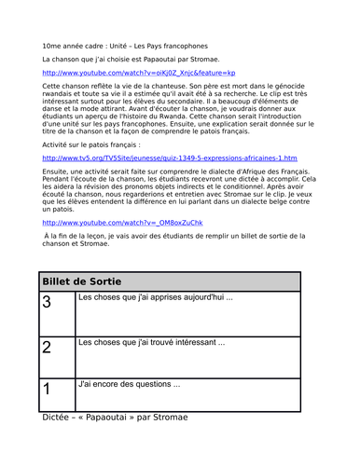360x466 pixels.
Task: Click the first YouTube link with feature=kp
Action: click(x=139, y=73)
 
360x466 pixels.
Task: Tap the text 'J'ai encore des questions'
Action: click(x=129, y=383)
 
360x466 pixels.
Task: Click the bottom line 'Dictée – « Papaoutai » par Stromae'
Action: click(x=116, y=417)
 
